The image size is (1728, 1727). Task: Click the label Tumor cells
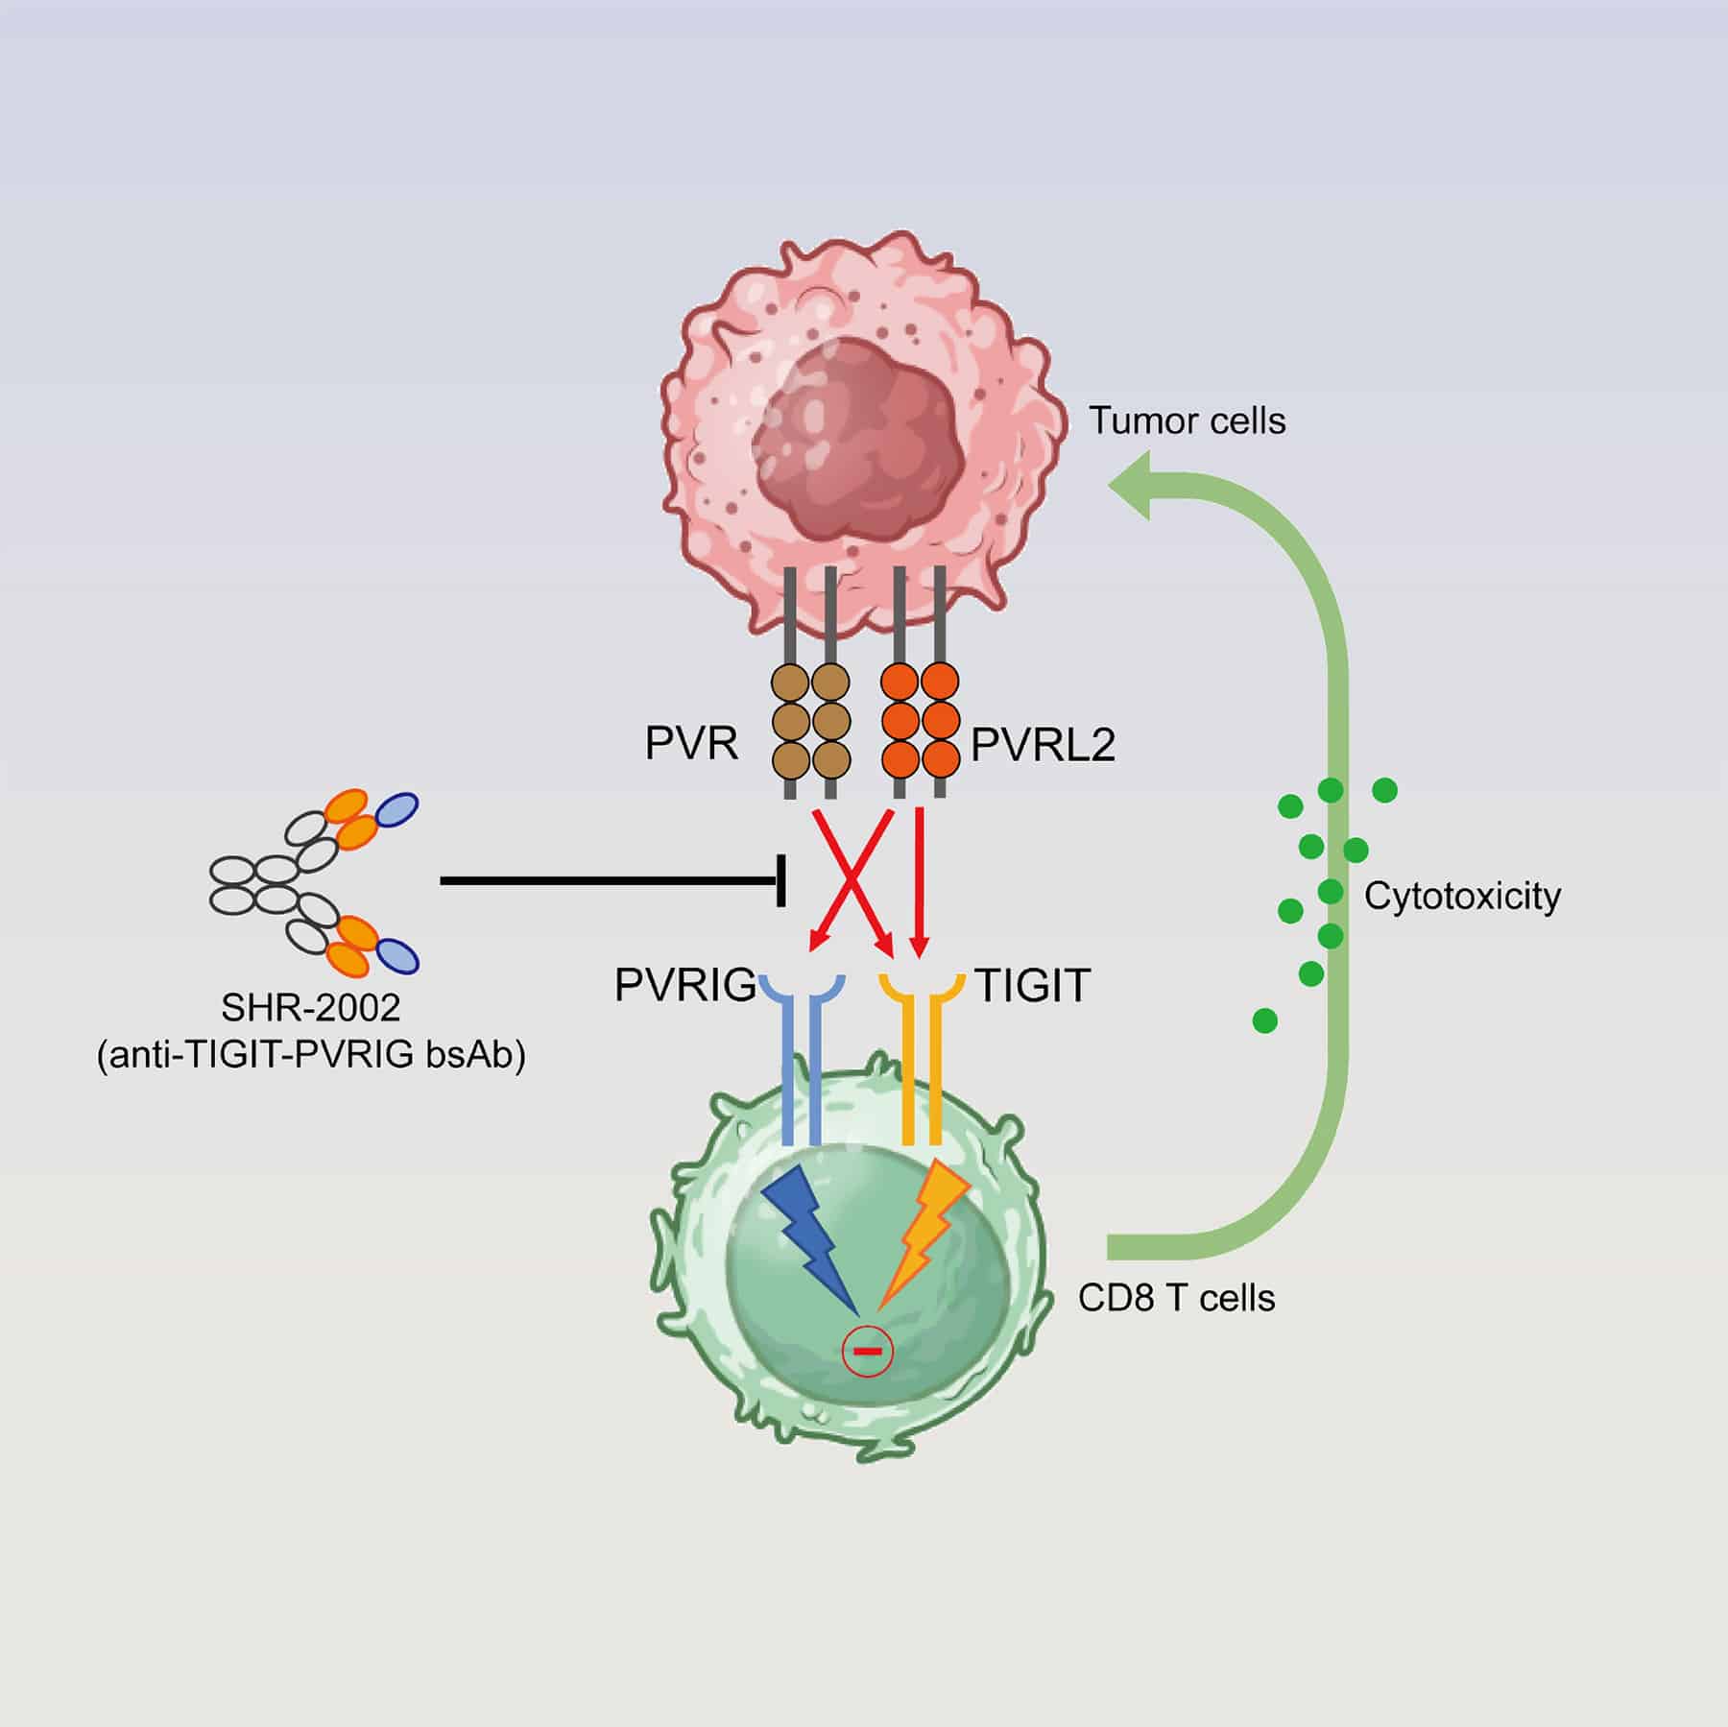pos(1187,421)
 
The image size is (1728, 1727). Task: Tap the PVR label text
pos(691,744)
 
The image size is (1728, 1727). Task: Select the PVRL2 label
pos(1044,746)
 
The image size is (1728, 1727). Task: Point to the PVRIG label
pos(685,986)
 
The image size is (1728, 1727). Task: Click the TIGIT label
pos(1032,986)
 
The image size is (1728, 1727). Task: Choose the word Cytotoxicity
pos(1462,897)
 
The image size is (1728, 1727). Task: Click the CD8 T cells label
pos(1177,1298)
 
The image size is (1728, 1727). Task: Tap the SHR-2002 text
pos(311,1008)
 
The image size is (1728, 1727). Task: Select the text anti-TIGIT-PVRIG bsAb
pos(311,1055)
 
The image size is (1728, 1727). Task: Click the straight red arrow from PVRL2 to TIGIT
pos(920,878)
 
